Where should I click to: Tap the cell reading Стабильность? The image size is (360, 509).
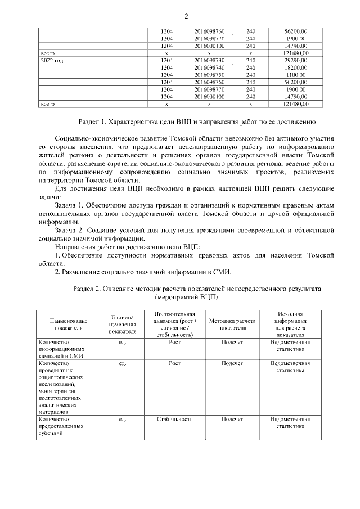174,419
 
